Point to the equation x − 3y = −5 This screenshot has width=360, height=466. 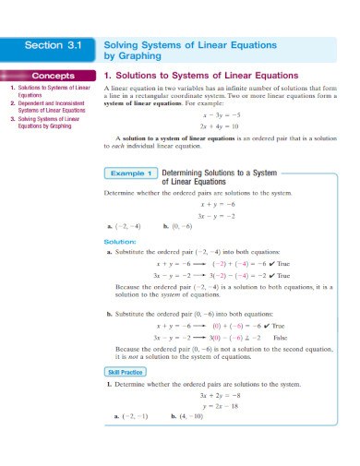[221, 115]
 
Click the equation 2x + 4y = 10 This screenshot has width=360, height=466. [221, 126]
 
